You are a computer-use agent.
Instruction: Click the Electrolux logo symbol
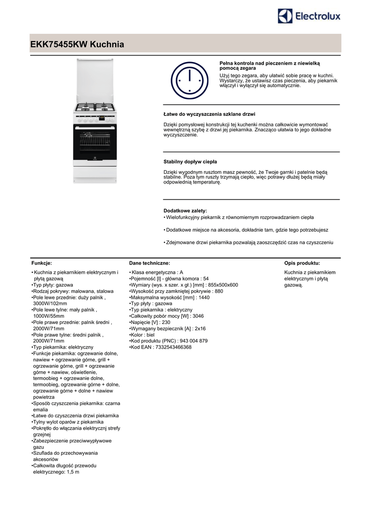pyautogui.click(x=285, y=16)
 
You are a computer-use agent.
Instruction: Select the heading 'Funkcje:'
pyautogui.click(x=42, y=262)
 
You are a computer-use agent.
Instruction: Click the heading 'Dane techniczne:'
pyautogui.click(x=150, y=262)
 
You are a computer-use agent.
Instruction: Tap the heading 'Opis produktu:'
pyautogui.click(x=302, y=262)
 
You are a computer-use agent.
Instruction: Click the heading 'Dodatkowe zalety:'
pyautogui.click(x=185, y=211)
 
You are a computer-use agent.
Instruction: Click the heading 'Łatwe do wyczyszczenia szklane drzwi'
pyautogui.click(x=209, y=114)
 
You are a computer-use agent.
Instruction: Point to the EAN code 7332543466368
pyautogui.click(x=173, y=347)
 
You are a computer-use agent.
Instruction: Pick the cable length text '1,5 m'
pyautogui.click(x=73, y=472)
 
